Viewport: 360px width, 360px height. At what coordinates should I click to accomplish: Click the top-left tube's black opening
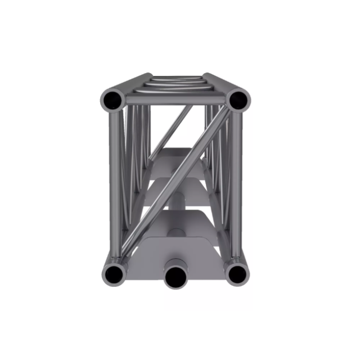pyautogui.click(x=112, y=100)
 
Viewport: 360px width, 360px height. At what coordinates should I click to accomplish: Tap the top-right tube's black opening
pyautogui.click(x=238, y=100)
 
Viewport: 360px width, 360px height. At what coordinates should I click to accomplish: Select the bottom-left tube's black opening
pyautogui.click(x=114, y=274)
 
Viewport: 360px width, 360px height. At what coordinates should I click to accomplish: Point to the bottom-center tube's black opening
pyautogui.click(x=176, y=276)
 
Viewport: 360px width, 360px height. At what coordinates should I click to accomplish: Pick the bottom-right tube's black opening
pyautogui.click(x=237, y=274)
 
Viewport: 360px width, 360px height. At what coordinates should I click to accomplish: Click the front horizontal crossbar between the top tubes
pyautogui.click(x=175, y=100)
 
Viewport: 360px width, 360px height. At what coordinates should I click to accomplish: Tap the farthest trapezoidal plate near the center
pyautogui.click(x=174, y=155)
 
